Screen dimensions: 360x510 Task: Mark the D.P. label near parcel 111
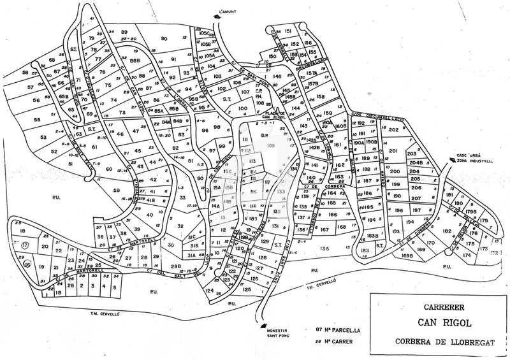point(265,135)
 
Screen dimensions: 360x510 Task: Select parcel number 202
point(393,130)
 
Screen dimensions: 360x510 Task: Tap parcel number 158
point(320,97)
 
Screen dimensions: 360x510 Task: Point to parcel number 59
point(117,190)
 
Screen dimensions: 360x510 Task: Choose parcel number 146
point(277,76)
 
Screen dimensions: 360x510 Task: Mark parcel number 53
point(44,136)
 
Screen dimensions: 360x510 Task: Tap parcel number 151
point(288,31)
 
